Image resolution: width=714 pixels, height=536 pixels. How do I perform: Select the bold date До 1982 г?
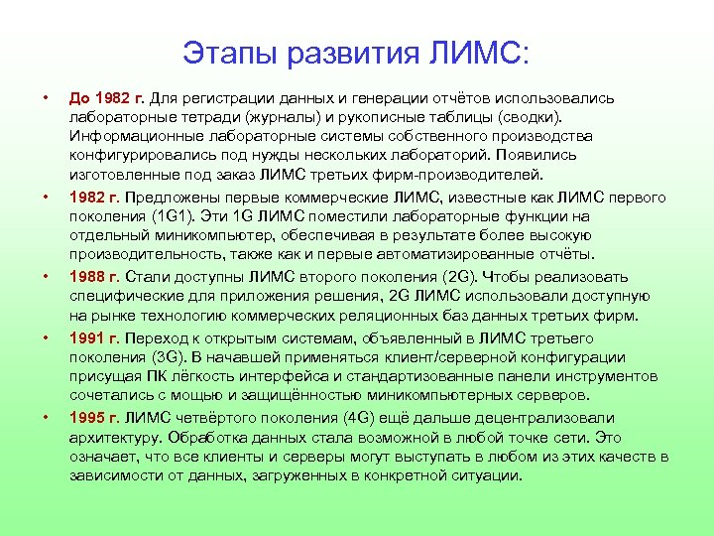click(107, 98)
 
